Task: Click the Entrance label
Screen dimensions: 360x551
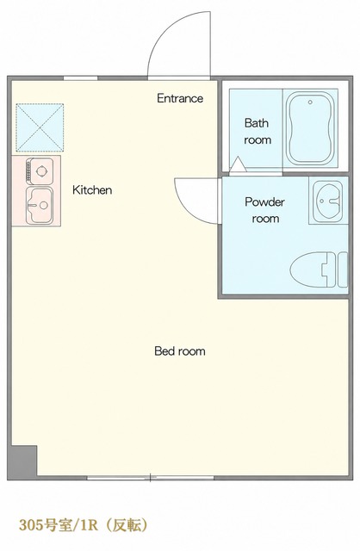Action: pyautogui.click(x=180, y=98)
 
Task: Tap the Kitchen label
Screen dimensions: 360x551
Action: pyautogui.click(x=92, y=189)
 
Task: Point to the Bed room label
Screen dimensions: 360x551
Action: pyautogui.click(x=180, y=350)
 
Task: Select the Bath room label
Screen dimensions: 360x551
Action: pyautogui.click(x=258, y=132)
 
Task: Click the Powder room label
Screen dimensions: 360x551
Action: pyautogui.click(x=264, y=210)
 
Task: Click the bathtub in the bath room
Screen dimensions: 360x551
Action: pyautogui.click(x=310, y=128)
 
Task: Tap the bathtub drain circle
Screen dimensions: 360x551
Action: pyautogui.click(x=310, y=102)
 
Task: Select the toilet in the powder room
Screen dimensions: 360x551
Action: pyautogui.click(x=319, y=269)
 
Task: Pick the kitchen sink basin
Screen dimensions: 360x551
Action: pyautogui.click(x=40, y=206)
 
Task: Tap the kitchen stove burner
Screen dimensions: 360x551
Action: pyautogui.click(x=41, y=171)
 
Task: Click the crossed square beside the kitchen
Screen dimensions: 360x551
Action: pyautogui.click(x=40, y=127)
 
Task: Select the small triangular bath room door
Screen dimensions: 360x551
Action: pyautogui.click(x=238, y=164)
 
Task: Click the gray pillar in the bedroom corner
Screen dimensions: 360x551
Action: pyautogui.click(x=22, y=461)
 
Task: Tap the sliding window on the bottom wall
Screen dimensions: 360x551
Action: pyautogui.click(x=151, y=478)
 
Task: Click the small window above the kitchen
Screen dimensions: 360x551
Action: pyautogui.click(x=80, y=78)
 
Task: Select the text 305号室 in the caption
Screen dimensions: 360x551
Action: pyautogui.click(x=46, y=526)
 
